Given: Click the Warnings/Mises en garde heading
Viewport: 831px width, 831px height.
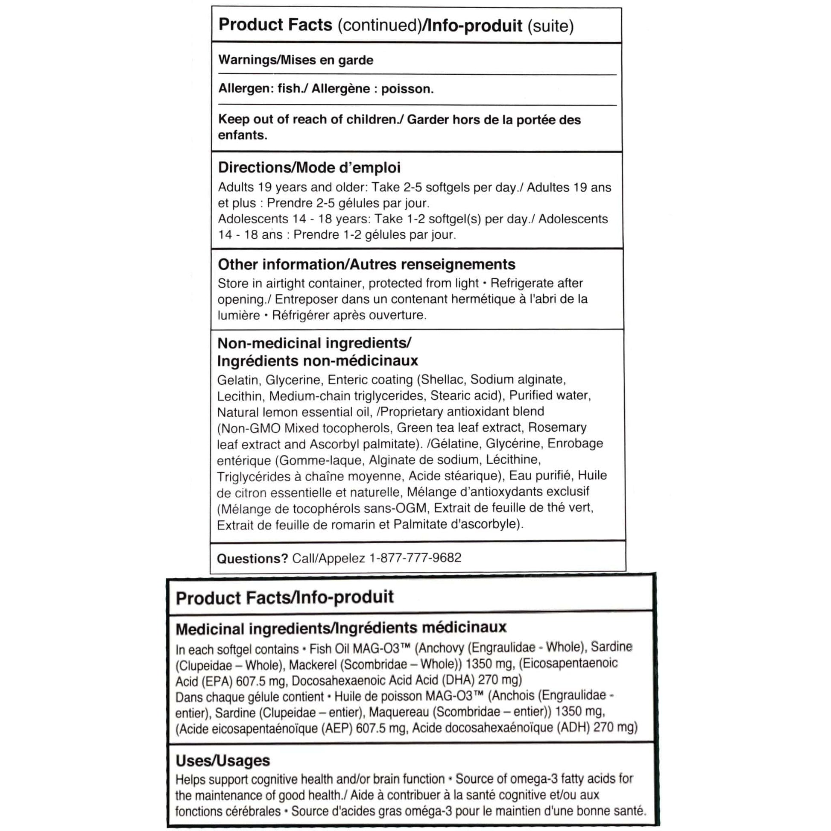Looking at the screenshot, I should [x=296, y=60].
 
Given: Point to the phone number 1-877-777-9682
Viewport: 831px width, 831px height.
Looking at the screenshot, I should [x=415, y=558].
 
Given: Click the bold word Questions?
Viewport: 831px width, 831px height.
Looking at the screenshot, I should [x=252, y=559].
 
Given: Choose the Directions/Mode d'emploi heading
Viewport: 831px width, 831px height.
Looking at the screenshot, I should [x=309, y=167].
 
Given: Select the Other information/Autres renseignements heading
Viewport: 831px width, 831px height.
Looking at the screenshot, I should [x=366, y=264].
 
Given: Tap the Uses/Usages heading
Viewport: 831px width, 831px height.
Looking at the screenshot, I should [x=222, y=761].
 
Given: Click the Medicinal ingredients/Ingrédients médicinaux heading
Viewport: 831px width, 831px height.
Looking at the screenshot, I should [x=341, y=629].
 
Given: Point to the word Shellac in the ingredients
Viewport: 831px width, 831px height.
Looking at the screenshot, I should [x=443, y=379].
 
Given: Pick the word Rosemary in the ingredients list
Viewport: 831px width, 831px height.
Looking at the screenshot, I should [x=557, y=427].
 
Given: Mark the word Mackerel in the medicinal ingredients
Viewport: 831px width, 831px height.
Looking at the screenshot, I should [x=312, y=664].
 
